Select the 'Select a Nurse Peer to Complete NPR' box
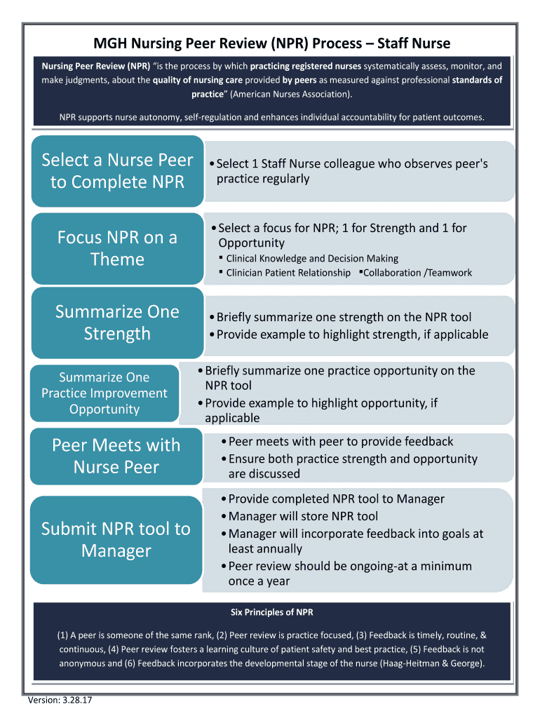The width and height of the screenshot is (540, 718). pyautogui.click(x=117, y=171)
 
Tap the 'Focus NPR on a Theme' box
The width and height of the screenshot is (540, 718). pyautogui.click(x=117, y=248)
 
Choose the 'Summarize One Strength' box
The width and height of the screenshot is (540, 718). pyautogui.click(x=117, y=322)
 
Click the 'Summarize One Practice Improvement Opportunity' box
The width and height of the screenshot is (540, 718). pyautogui.click(x=104, y=393)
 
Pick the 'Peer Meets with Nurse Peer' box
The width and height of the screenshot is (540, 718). pyautogui.click(x=116, y=456)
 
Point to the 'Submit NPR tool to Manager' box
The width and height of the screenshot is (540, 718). pyautogui.click(x=116, y=539)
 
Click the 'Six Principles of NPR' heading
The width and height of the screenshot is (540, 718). pyautogui.click(x=271, y=612)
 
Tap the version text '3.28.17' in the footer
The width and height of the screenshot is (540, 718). pyautogui.click(x=69, y=700)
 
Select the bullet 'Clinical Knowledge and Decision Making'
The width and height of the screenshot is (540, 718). pyautogui.click(x=312, y=259)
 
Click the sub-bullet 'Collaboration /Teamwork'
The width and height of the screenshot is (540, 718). pyautogui.click(x=417, y=273)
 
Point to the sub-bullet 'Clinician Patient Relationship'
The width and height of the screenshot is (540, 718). pyautogui.click(x=288, y=273)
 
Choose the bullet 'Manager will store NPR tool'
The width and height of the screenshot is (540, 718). pyautogui.click(x=303, y=516)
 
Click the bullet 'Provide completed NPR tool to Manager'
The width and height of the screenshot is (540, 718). pyautogui.click(x=336, y=499)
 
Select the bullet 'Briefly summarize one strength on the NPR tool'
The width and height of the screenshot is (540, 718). pyautogui.click(x=344, y=317)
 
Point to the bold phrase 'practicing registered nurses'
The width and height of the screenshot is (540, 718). pyautogui.click(x=306, y=67)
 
